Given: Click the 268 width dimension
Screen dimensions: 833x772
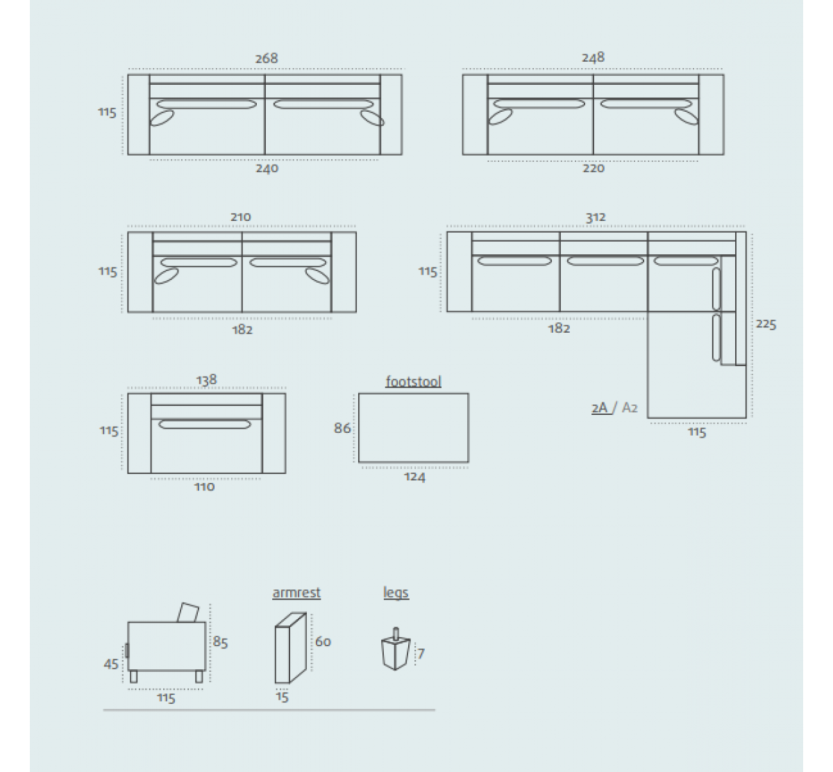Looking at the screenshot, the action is pyautogui.click(x=267, y=58).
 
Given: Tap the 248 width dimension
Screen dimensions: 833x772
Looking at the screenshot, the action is pyautogui.click(x=593, y=57).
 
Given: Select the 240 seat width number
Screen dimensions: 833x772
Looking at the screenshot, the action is pyautogui.click(x=267, y=168).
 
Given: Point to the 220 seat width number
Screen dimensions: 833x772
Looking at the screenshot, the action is pyautogui.click(x=594, y=168).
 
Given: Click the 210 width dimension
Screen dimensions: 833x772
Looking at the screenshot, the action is pyautogui.click(x=241, y=217).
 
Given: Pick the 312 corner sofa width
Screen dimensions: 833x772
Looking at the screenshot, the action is pyautogui.click(x=596, y=217).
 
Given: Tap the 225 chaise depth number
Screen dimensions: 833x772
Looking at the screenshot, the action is pyautogui.click(x=766, y=325).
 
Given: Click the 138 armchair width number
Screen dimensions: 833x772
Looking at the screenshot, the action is pyautogui.click(x=206, y=379).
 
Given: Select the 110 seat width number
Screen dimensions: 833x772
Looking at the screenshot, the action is pyautogui.click(x=204, y=486).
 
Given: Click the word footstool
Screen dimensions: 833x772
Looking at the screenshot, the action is pyautogui.click(x=413, y=381).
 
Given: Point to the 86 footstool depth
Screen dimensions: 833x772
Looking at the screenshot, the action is pyautogui.click(x=342, y=428).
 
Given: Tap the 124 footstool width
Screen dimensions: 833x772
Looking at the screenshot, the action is pyautogui.click(x=414, y=477).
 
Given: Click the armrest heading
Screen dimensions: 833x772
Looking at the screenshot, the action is pyautogui.click(x=296, y=593).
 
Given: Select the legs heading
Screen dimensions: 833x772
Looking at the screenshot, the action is pyautogui.click(x=396, y=593).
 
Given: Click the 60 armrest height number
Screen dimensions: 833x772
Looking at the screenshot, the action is pyautogui.click(x=323, y=641).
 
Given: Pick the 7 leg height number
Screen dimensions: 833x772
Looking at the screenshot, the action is pyautogui.click(x=421, y=654).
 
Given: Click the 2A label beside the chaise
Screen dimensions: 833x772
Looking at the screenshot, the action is pyautogui.click(x=599, y=407).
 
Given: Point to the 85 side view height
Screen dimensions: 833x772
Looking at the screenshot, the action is pyautogui.click(x=220, y=642).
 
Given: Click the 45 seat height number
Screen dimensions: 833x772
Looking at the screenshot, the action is pyautogui.click(x=111, y=664).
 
